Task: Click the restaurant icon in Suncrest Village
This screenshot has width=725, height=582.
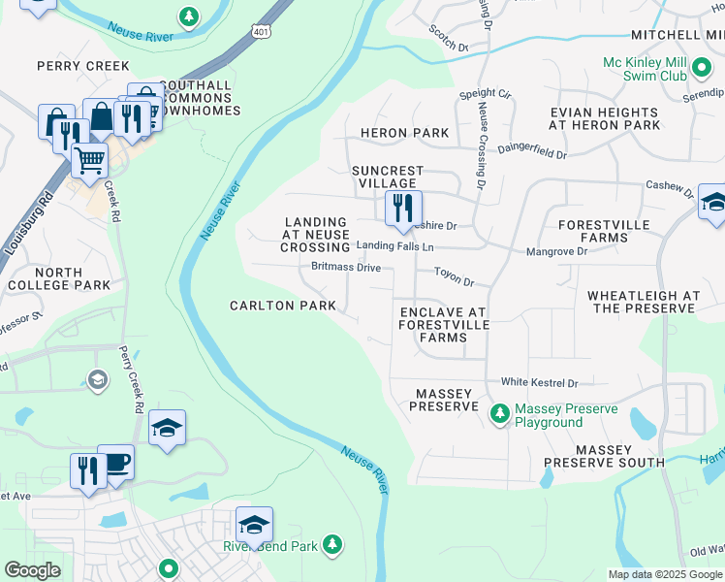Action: [402, 208]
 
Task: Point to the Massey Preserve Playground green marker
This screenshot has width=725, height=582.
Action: [499, 414]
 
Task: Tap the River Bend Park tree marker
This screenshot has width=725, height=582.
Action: [332, 544]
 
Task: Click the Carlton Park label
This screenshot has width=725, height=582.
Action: [282, 306]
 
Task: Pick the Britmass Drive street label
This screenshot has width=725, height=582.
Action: [346, 267]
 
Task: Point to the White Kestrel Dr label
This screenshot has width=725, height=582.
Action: [539, 383]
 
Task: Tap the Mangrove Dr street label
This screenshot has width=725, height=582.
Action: [556, 251]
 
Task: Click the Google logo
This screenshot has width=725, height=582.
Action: [32, 569]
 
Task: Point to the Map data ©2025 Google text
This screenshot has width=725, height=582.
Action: [665, 574]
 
